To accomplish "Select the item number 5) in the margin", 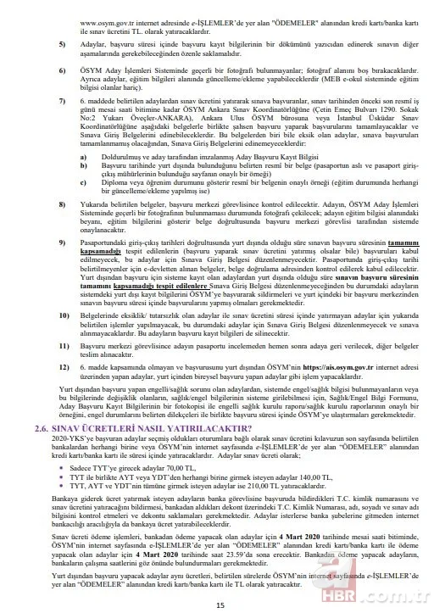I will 62,42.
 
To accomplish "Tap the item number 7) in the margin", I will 62,99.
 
